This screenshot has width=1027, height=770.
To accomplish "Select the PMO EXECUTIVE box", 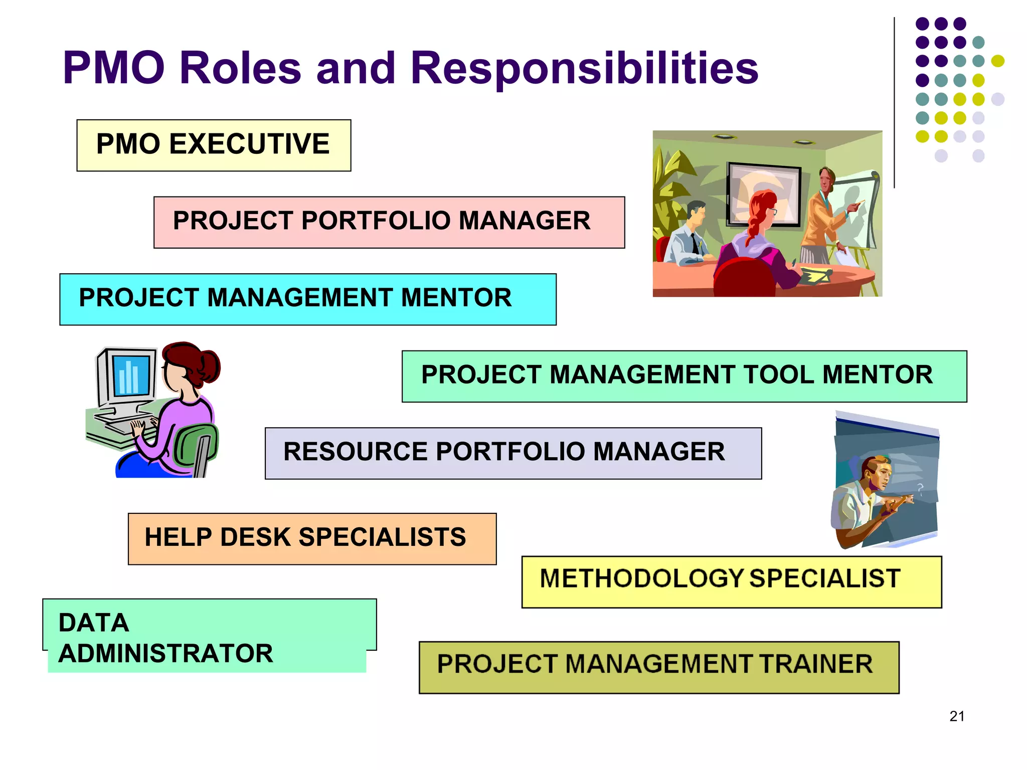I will [x=214, y=145].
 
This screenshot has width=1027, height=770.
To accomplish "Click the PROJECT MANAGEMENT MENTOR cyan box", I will [x=307, y=299].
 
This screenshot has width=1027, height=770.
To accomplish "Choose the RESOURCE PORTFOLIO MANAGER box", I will [x=512, y=453].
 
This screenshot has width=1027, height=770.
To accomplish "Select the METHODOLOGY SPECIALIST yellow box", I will [x=731, y=582].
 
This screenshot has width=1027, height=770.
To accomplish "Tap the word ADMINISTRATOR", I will [x=165, y=654].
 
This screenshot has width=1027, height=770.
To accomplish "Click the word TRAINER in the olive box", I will [x=816, y=664].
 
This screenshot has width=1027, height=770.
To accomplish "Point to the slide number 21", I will [x=957, y=716].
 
